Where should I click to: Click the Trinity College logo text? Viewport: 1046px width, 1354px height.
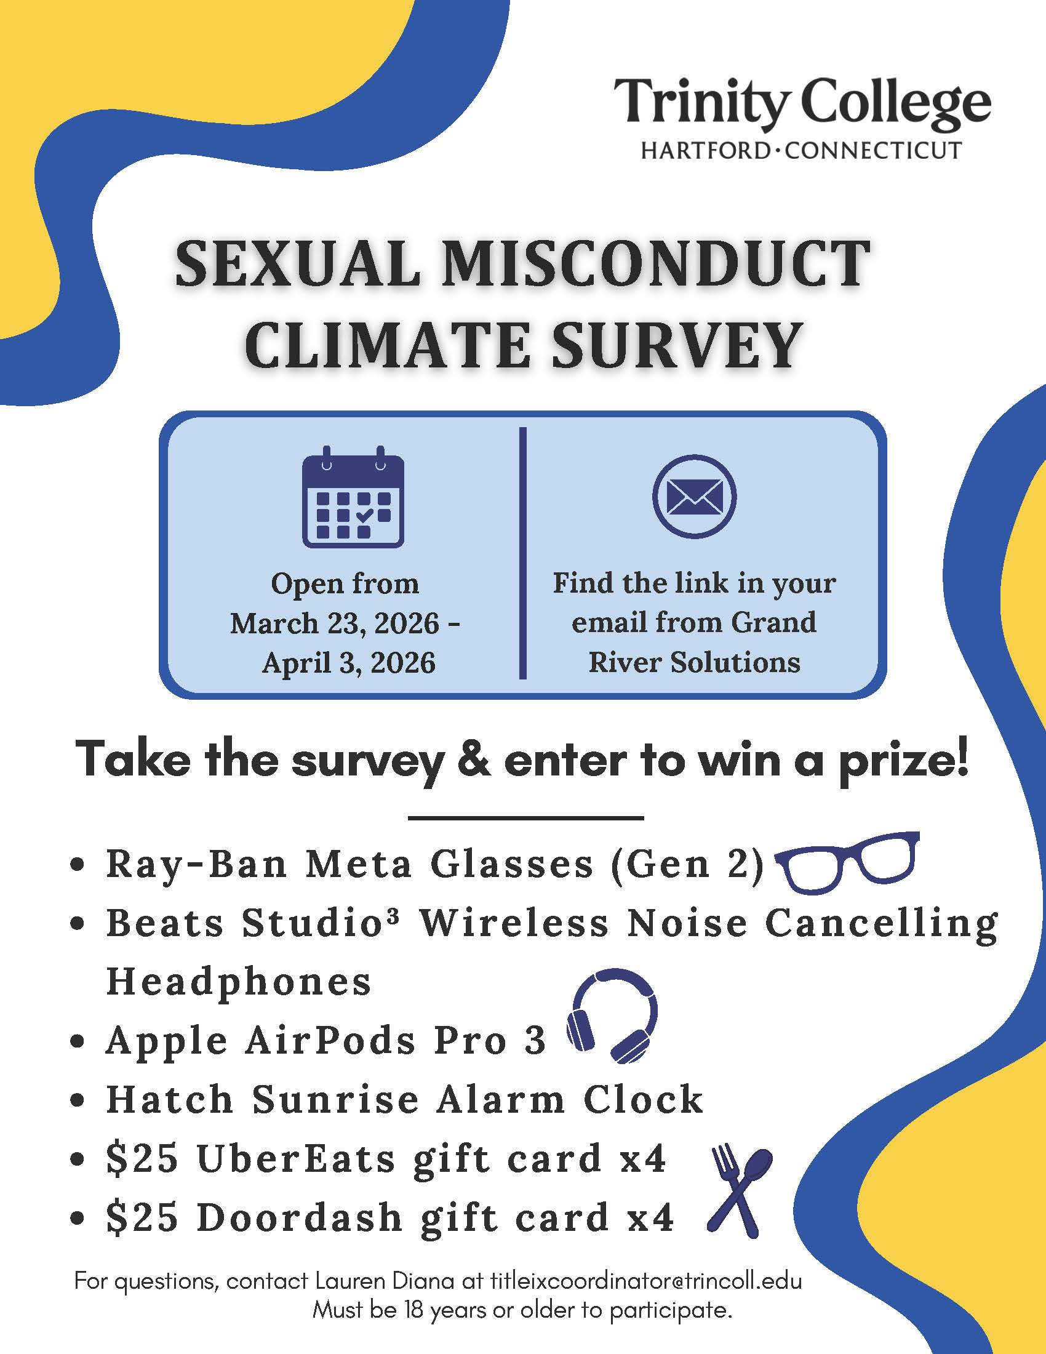pyautogui.click(x=802, y=103)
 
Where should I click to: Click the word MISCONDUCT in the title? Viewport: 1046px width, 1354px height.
pyautogui.click(x=655, y=265)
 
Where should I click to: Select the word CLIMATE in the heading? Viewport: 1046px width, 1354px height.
pyautogui.click(x=389, y=345)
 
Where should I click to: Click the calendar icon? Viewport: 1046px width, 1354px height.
pyautogui.click(x=353, y=497)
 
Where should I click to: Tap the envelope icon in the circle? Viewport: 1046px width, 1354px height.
pyautogui.click(x=694, y=497)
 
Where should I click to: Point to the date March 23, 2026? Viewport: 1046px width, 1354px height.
pyautogui.click(x=335, y=623)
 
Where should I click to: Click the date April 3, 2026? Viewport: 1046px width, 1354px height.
pyautogui.click(x=349, y=663)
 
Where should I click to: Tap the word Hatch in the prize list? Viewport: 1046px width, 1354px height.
pyautogui.click(x=169, y=1100)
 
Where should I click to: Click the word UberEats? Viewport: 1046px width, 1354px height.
pyautogui.click(x=295, y=1159)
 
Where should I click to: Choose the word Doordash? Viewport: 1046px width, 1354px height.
pyautogui.click(x=299, y=1217)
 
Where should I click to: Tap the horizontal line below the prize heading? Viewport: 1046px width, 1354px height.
pyautogui.click(x=525, y=819)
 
